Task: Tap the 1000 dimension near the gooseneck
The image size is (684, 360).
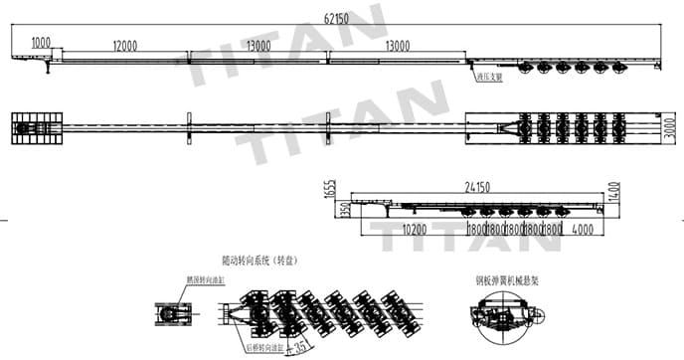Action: (41, 42)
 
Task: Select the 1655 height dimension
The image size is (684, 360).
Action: (329, 193)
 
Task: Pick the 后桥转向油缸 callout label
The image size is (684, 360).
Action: (260, 348)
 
